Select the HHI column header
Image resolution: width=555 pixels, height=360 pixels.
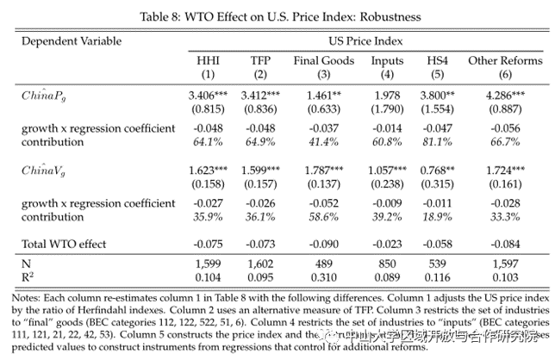pyautogui.click(x=209, y=60)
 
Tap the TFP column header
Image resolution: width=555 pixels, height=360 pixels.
pyautogui.click(x=259, y=60)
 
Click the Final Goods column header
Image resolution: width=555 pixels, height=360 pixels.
pyautogui.click(x=324, y=60)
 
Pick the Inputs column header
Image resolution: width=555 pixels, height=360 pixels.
pyautogui.click(x=387, y=60)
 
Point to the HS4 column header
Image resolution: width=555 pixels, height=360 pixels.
pyautogui.click(x=438, y=60)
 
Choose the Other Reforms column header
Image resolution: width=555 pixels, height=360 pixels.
pyautogui.click(x=502, y=60)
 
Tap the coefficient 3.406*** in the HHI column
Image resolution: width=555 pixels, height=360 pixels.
pyautogui.click(x=209, y=96)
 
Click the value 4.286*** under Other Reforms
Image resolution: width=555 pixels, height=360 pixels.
pyautogui.click(x=502, y=96)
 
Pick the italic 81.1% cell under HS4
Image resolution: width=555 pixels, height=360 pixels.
pyautogui.click(x=438, y=141)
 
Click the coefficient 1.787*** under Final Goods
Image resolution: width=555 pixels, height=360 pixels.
pyautogui.click(x=325, y=170)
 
